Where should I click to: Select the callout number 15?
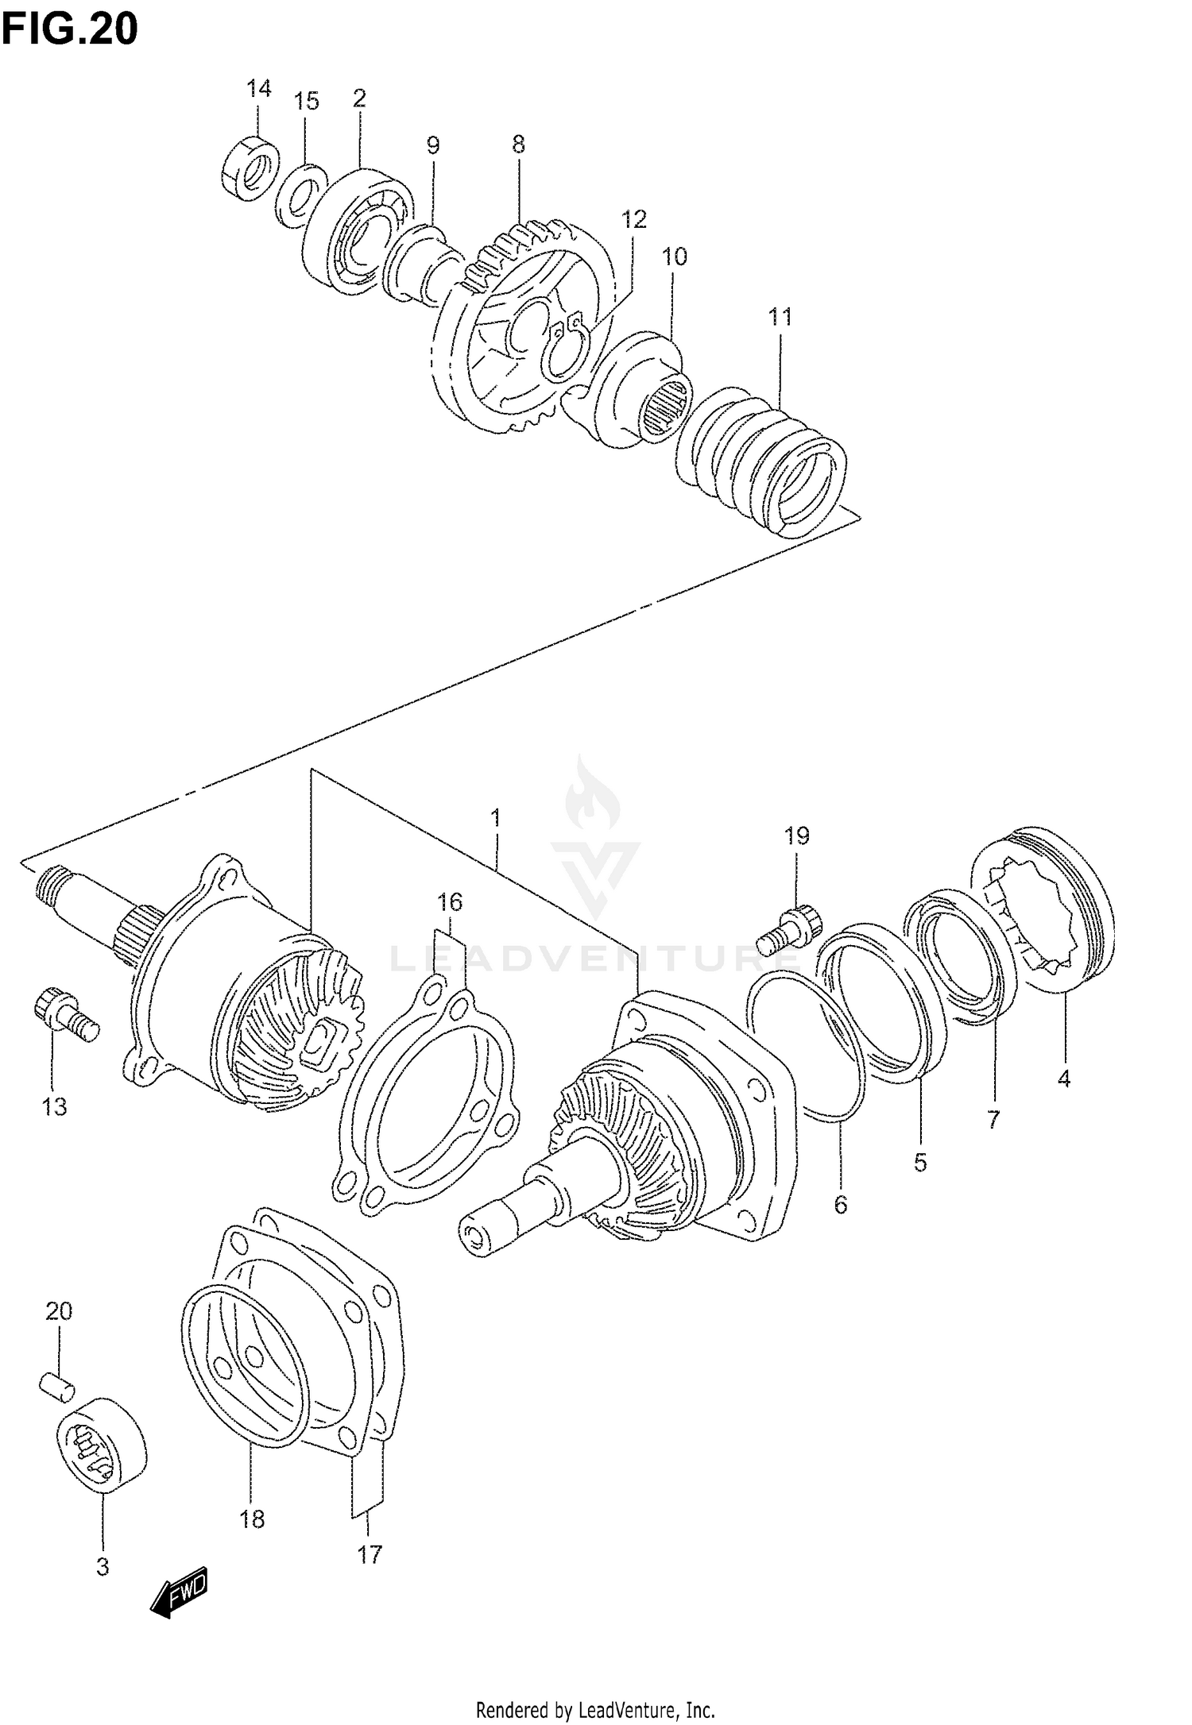(x=306, y=102)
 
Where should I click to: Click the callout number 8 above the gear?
(x=518, y=145)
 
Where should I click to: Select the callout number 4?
(x=1063, y=1079)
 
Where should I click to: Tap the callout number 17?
(x=370, y=1555)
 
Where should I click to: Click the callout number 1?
(x=495, y=817)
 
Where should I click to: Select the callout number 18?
(x=252, y=1519)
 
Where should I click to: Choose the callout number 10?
(x=674, y=257)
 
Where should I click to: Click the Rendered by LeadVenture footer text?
(x=595, y=1705)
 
